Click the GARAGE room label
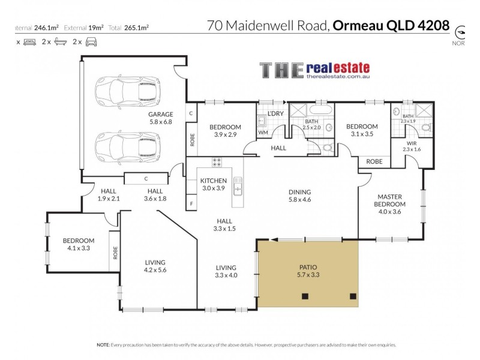[x=161, y=114]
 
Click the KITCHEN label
[x=213, y=181]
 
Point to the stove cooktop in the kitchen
[x=217, y=161]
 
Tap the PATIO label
[x=307, y=268]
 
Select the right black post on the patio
[x=352, y=295]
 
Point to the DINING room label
[x=299, y=193]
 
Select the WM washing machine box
[x=263, y=132]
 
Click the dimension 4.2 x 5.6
[x=155, y=271]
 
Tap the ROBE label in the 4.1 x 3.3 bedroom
[x=114, y=251]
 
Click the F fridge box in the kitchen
[x=191, y=203]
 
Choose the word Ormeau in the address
[x=359, y=26]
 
